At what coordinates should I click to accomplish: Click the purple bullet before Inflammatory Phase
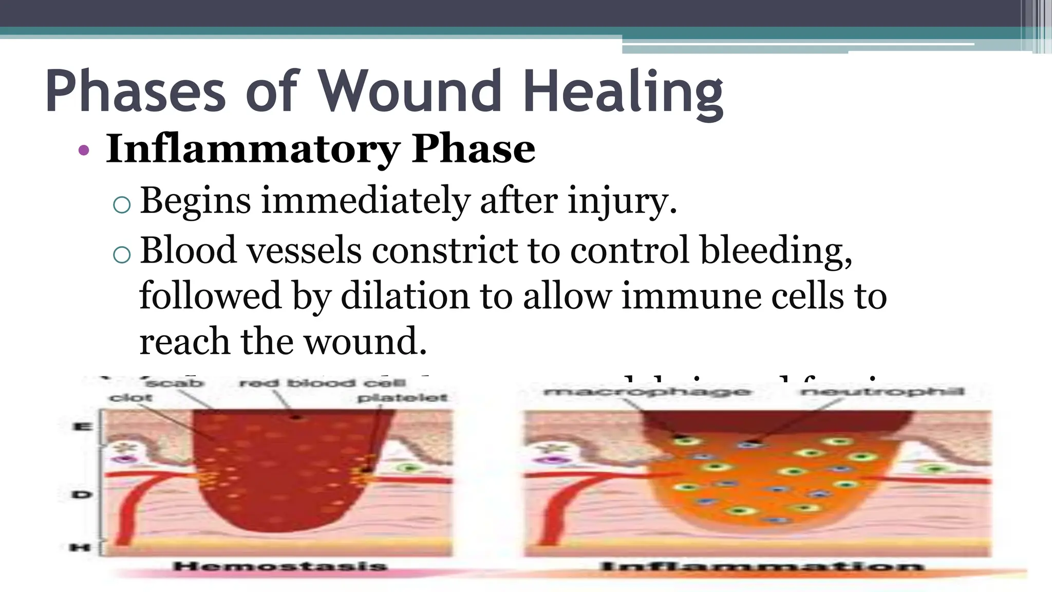point(84,151)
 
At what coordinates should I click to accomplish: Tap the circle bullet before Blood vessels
point(122,254)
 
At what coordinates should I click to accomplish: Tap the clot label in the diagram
point(130,398)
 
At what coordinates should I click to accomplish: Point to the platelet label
point(402,398)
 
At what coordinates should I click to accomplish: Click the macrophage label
point(647,393)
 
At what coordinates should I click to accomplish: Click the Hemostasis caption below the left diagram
point(280,567)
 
